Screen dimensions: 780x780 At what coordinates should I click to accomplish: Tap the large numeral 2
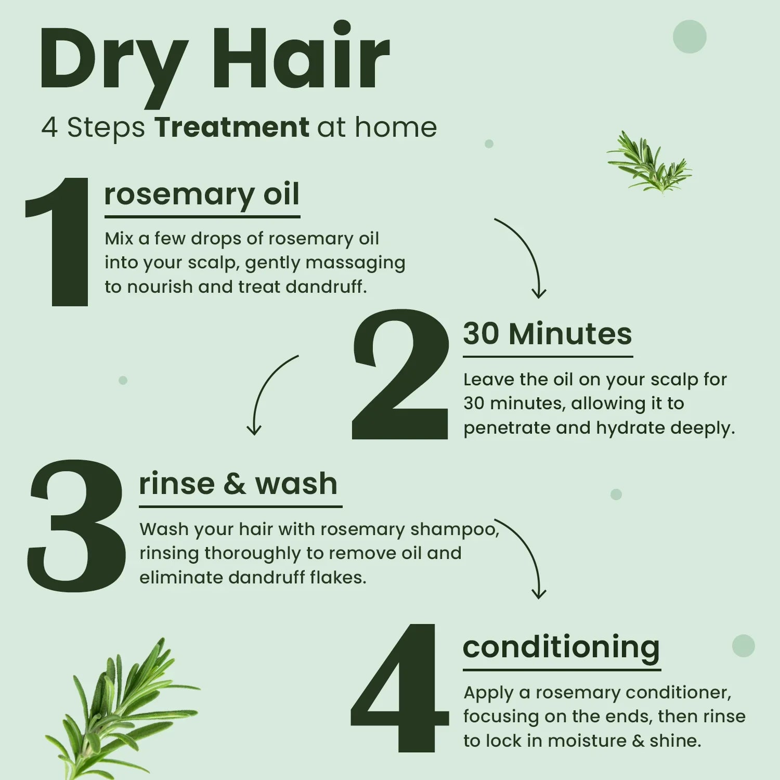tap(400, 374)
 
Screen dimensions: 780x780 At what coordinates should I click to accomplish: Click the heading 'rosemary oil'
tap(202, 194)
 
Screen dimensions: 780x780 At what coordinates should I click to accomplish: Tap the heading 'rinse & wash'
tap(238, 484)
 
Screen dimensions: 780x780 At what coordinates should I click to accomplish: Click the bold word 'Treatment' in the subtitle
tap(232, 127)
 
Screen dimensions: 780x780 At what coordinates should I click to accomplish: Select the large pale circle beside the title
tap(690, 36)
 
